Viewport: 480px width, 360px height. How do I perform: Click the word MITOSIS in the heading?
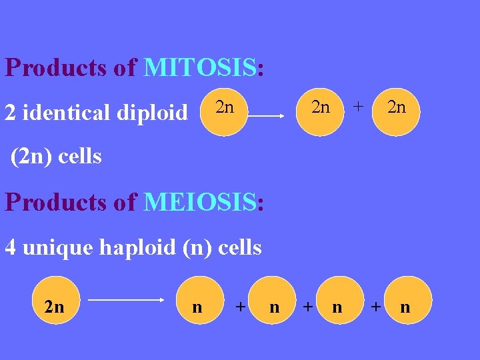click(x=199, y=68)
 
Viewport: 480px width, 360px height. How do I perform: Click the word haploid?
click(x=139, y=247)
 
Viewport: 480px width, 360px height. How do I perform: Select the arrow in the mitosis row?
click(x=267, y=115)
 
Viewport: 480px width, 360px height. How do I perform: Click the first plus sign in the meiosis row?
click(x=240, y=307)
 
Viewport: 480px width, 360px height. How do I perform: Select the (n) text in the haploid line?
click(x=194, y=247)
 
